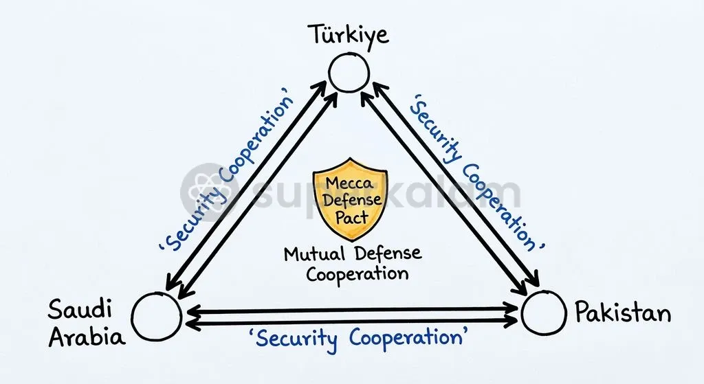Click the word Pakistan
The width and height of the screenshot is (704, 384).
[x=623, y=312]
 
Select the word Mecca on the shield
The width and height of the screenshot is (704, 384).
[x=349, y=183]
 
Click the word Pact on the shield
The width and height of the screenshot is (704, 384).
[x=352, y=218]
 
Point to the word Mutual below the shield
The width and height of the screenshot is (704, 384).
[x=314, y=254]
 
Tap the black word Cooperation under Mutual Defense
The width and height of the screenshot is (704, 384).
[x=357, y=273]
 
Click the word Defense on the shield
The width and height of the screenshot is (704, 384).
[x=353, y=200]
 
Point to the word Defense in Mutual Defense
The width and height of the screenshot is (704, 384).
[x=388, y=253]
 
